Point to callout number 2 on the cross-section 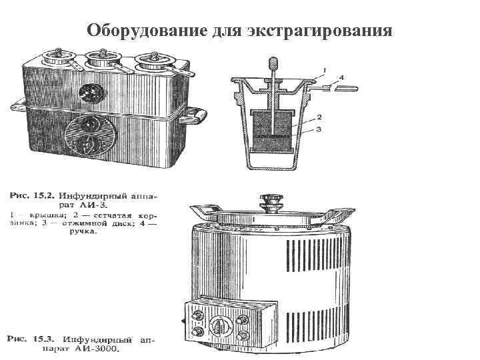[x=319, y=117]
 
